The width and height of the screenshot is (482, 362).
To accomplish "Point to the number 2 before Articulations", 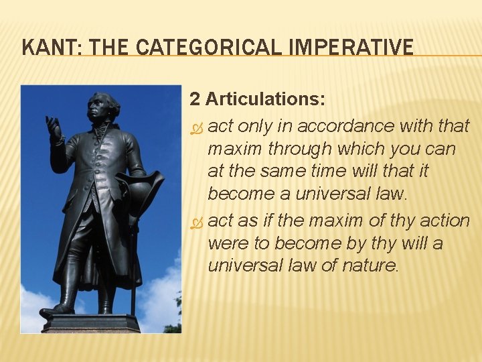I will coord(195,99).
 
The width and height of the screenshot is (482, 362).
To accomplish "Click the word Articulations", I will coord(266,99).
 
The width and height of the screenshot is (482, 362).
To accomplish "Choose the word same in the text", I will coord(285,172).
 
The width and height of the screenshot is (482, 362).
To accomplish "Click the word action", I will coord(443,220).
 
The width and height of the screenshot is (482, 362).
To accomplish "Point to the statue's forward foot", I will coord(55,311).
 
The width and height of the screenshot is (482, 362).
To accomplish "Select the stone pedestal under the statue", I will coord(90,324).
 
